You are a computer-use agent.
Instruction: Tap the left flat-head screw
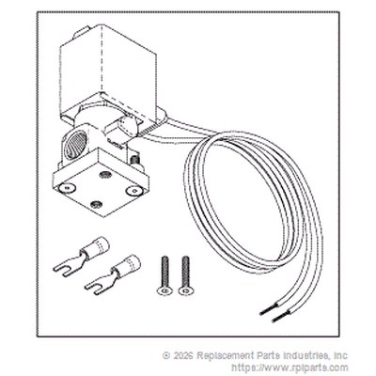(x=164, y=275)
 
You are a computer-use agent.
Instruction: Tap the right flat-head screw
(x=185, y=275)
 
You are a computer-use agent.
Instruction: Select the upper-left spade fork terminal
(x=81, y=257)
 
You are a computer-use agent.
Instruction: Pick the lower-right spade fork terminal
(x=113, y=274)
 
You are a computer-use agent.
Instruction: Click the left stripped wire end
(x=268, y=309)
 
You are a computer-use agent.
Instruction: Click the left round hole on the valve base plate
(x=68, y=187)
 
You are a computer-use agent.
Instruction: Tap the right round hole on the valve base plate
(x=133, y=190)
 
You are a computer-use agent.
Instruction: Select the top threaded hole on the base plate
(x=104, y=174)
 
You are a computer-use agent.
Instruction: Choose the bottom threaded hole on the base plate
(x=96, y=205)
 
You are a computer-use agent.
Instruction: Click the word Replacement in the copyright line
(x=224, y=355)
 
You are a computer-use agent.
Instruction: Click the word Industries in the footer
(x=305, y=355)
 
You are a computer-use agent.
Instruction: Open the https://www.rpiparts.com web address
(x=290, y=368)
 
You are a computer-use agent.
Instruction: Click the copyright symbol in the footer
(x=166, y=355)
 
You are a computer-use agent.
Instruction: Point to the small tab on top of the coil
(x=81, y=32)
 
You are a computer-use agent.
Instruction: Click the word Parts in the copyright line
(x=266, y=355)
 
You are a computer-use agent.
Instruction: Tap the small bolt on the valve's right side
(x=135, y=160)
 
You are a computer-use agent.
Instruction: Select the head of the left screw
(x=164, y=291)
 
